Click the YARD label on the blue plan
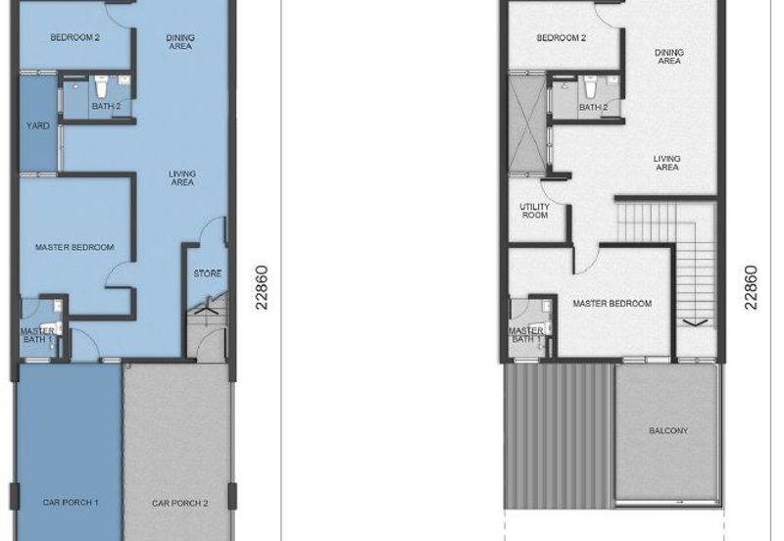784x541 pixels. click(x=38, y=125)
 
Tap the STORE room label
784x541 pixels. click(x=208, y=273)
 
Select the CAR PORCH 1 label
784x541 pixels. click(x=71, y=502)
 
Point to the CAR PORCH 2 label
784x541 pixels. click(x=180, y=503)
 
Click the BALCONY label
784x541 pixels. click(x=668, y=430)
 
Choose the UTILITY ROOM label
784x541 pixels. click(x=534, y=211)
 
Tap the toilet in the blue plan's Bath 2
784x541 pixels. click(x=102, y=87)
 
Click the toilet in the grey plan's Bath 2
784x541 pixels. click(x=591, y=87)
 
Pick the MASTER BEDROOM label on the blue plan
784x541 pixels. click(x=74, y=247)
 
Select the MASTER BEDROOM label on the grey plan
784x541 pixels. click(x=612, y=304)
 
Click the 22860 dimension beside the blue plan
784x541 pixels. click(x=262, y=287)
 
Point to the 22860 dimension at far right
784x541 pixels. click(x=751, y=287)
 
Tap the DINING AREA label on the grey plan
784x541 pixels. click(x=669, y=57)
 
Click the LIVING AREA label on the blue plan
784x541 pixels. click(x=182, y=178)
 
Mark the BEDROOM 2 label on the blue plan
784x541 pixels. click(x=75, y=37)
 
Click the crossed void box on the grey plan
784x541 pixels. click(x=527, y=123)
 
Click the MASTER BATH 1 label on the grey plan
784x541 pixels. click(x=525, y=335)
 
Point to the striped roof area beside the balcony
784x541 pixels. click(x=558, y=436)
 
